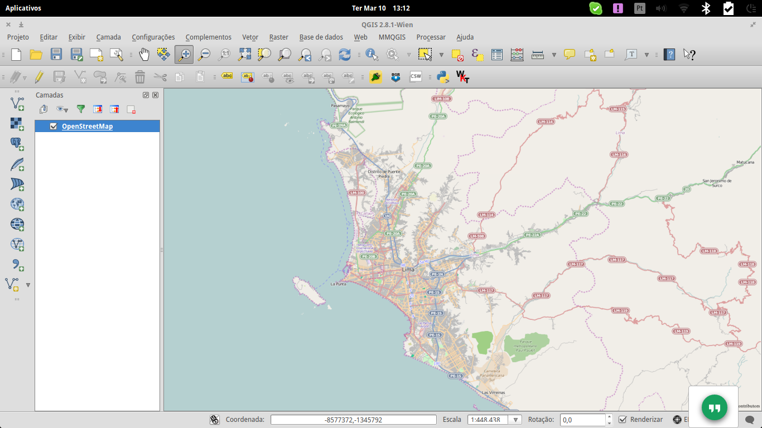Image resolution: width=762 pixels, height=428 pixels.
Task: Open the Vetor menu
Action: coord(250,37)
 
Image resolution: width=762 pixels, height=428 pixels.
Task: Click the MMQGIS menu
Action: coord(392,37)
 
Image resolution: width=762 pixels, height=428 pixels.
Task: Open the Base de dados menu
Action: coord(321,37)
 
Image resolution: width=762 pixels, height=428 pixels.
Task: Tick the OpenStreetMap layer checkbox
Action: coord(54,127)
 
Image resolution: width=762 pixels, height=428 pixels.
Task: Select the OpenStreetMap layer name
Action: coord(87,127)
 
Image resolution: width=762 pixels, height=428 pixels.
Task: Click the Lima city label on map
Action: coord(408,270)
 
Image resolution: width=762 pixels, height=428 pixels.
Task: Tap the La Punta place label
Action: coord(338,284)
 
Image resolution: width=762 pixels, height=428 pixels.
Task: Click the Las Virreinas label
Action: coord(493,392)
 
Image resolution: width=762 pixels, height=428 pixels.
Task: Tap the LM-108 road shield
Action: coord(441,99)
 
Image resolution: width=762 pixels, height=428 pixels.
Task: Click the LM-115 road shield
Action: coord(617,109)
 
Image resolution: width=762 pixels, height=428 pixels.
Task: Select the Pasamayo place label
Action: coord(340,105)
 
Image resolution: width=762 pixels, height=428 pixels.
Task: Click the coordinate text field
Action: coord(353,420)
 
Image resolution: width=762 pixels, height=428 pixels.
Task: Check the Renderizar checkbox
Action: coord(623,420)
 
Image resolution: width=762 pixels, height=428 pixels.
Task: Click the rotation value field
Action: coord(582,420)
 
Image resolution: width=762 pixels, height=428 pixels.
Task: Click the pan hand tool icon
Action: coord(144,54)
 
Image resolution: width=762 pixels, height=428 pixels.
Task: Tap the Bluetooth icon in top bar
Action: coord(706,8)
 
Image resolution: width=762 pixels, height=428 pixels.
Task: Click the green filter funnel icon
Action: coord(81,109)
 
